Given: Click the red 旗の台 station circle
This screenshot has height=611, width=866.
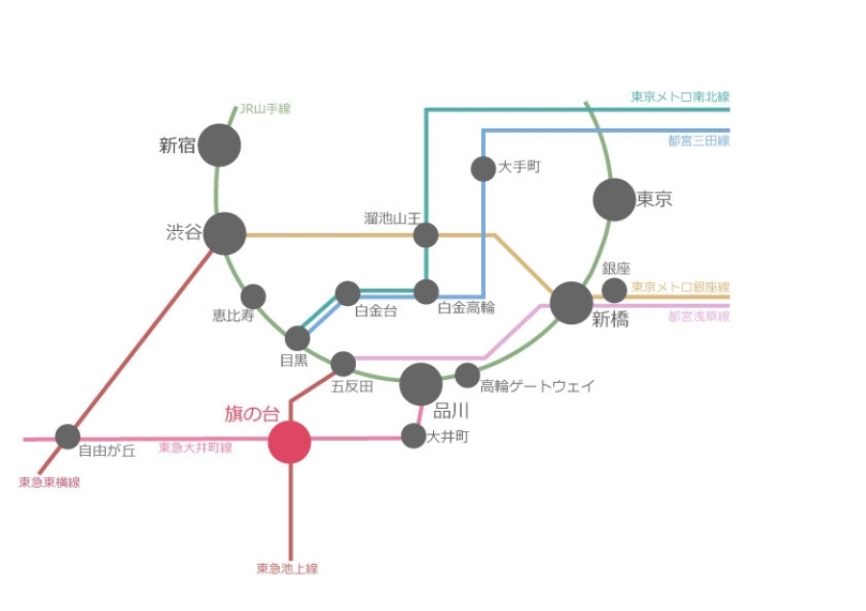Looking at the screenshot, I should (290, 443).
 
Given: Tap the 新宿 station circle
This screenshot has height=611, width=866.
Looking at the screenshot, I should (219, 145).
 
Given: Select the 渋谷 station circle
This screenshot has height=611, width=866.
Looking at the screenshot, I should (225, 234).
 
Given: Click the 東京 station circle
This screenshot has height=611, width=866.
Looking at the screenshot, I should (614, 200).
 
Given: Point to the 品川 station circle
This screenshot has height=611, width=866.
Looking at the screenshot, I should (420, 385).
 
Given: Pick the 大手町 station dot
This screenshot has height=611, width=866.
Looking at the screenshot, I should (483, 169).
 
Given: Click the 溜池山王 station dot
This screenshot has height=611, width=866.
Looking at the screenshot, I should (425, 235).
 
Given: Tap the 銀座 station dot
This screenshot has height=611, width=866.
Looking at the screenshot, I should (614, 290).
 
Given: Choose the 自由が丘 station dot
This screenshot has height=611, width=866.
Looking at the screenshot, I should (67, 437).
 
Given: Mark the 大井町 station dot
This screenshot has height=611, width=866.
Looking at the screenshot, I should (413, 436).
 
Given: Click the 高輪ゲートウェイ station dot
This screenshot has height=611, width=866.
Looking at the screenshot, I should (467, 375).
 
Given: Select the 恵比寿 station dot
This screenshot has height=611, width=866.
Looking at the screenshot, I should (253, 296).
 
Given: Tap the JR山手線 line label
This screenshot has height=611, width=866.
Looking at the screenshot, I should (265, 110).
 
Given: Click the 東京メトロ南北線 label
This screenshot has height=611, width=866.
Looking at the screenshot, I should (679, 97).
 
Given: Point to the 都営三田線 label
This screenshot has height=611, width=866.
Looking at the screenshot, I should (698, 140).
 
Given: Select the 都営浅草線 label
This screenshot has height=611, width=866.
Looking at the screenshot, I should (698, 316).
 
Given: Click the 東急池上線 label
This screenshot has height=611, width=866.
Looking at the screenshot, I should (287, 569).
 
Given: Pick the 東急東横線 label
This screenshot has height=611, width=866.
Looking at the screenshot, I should (49, 482).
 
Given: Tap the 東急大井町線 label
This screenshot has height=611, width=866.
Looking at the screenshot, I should (195, 447).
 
